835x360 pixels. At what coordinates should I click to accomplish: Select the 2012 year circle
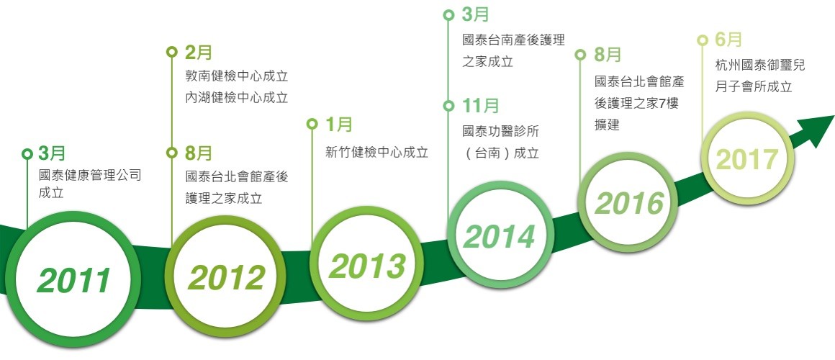[225, 276]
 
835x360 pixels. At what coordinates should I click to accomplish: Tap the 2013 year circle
[367, 264]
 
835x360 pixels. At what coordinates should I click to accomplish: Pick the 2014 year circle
[500, 236]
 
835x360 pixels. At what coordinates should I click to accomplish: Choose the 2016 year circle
[628, 203]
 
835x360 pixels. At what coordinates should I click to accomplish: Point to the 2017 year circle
[747, 158]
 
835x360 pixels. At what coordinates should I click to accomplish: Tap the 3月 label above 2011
[52, 153]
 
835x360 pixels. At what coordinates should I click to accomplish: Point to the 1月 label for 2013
[339, 125]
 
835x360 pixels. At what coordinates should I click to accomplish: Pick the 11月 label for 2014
[480, 106]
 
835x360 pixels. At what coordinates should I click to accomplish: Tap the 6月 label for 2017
[728, 40]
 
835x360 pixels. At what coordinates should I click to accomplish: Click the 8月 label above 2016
[608, 54]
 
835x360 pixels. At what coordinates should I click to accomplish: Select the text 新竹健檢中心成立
[377, 153]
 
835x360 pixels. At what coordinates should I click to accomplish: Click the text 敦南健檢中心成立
[237, 76]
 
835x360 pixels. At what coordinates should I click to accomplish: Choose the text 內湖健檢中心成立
[237, 98]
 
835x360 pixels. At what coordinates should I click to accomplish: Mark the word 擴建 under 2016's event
[607, 125]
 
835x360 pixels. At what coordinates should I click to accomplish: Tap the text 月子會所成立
[754, 87]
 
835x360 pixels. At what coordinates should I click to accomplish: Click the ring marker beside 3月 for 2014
[448, 15]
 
